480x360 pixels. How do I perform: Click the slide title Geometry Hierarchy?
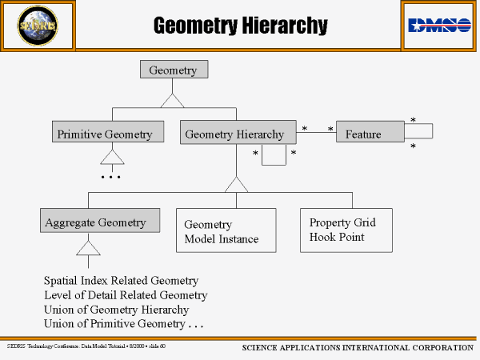[x=240, y=26]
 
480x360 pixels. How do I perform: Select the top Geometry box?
[x=174, y=70]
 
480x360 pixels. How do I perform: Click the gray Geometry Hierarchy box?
[x=234, y=134]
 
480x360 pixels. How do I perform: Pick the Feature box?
[x=370, y=134]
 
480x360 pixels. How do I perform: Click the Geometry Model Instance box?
[x=226, y=230]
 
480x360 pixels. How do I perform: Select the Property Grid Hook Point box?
[x=346, y=230]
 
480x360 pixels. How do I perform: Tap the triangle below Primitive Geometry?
[x=112, y=156]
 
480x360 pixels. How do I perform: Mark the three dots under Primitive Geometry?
[x=110, y=176]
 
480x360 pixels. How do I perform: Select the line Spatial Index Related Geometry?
[x=121, y=281]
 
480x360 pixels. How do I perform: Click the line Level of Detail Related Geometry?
[x=126, y=295]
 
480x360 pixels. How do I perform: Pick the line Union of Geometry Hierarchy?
[x=116, y=310]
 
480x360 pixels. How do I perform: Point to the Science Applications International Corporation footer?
[x=357, y=348]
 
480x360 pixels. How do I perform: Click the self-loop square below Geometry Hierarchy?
[x=274, y=155]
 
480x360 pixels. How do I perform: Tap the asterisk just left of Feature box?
[x=330, y=129]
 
